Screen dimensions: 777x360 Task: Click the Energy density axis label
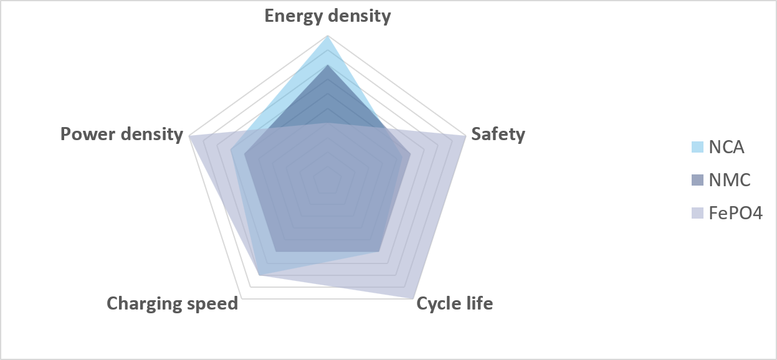pyautogui.click(x=328, y=16)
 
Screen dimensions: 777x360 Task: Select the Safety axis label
pyautogui.click(x=498, y=134)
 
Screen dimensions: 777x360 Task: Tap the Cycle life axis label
pyautogui.click(x=454, y=304)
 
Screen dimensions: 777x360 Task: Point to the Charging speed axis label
pyautogui.click(x=173, y=304)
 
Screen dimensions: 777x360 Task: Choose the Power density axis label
pyautogui.click(x=122, y=135)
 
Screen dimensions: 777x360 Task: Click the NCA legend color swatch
pyautogui.click(x=697, y=147)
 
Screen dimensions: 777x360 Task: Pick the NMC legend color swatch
pyautogui.click(x=697, y=180)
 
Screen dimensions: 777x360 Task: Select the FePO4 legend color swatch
pyautogui.click(x=697, y=213)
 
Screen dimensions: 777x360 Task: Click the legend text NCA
pyautogui.click(x=727, y=148)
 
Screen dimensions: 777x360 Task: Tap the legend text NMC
pyautogui.click(x=730, y=181)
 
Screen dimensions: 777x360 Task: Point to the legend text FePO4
pyautogui.click(x=736, y=213)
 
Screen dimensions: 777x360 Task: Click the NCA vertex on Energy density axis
pyautogui.click(x=327, y=36)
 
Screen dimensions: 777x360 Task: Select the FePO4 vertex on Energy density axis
pyautogui.click(x=327, y=123)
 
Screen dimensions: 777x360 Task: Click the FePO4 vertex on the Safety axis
pyautogui.click(x=465, y=136)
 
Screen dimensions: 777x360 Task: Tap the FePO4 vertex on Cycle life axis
pyautogui.click(x=412, y=298)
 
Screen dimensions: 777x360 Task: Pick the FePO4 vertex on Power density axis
pyautogui.click(x=189, y=136)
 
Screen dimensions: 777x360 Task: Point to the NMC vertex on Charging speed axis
pyautogui.click(x=276, y=251)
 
